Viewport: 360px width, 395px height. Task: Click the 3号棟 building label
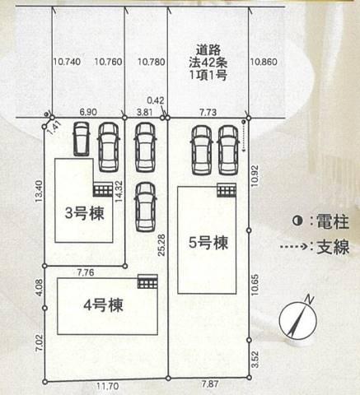click(85, 213)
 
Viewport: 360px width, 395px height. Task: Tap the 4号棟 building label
click(103, 305)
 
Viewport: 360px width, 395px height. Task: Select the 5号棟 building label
click(208, 243)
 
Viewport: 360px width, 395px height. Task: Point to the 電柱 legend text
click(333, 221)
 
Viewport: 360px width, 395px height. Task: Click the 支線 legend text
click(333, 247)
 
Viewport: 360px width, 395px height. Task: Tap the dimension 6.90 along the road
click(88, 112)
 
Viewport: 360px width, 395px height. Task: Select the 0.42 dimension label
click(156, 100)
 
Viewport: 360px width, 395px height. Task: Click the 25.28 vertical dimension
click(161, 245)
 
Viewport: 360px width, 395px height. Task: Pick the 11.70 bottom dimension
click(108, 386)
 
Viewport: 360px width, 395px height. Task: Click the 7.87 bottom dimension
click(210, 384)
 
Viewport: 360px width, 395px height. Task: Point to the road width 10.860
click(264, 62)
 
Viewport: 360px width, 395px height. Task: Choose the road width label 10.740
click(67, 62)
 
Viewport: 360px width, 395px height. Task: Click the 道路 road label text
click(208, 50)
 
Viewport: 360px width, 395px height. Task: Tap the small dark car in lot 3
click(82, 139)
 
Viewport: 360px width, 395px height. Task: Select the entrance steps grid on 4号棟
click(147, 281)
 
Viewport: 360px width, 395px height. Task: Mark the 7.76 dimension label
click(86, 272)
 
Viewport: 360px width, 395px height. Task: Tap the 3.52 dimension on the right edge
click(255, 360)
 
